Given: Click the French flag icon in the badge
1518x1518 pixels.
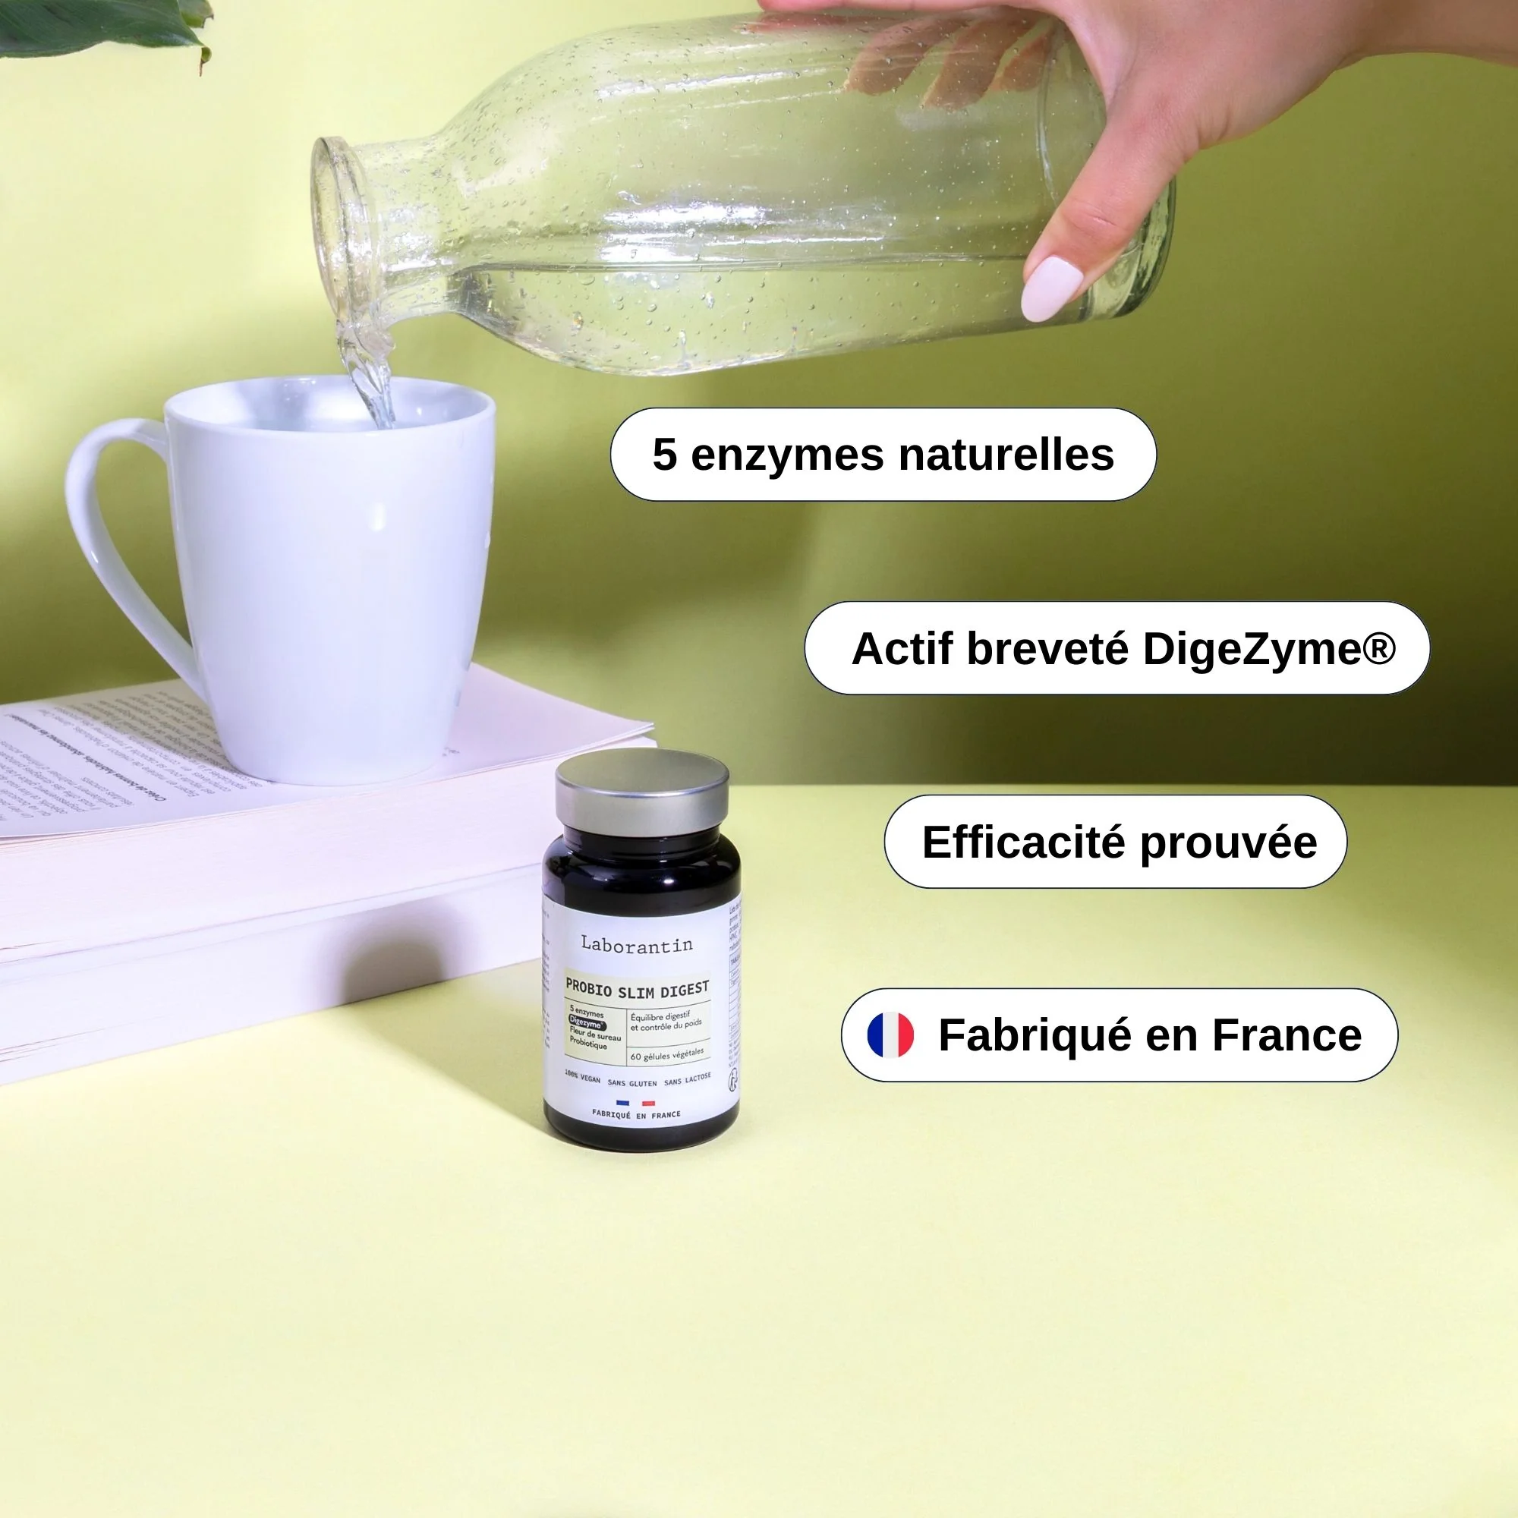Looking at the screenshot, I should tap(890, 1035).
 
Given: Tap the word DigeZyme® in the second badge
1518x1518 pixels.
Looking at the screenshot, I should tap(1268, 649).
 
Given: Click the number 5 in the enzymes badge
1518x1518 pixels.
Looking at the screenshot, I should tap(665, 455).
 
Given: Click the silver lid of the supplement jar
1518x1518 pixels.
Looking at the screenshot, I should tap(641, 789).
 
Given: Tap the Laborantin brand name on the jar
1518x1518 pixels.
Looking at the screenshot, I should tap(637, 944).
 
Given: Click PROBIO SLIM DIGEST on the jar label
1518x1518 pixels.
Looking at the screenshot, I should tap(638, 990).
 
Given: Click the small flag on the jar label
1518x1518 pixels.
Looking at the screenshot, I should tap(635, 1103).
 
